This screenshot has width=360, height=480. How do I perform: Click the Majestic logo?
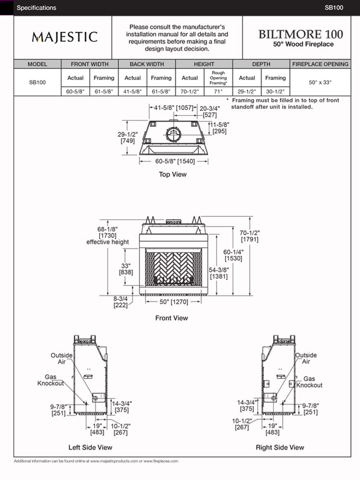point(64,37)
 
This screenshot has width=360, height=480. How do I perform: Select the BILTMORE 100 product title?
point(301,34)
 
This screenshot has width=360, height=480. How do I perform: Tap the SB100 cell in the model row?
point(37,82)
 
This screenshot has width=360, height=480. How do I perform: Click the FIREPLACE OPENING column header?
point(320,64)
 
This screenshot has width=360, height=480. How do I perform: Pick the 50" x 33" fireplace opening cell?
point(320,82)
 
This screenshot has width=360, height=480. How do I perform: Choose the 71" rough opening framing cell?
point(218,91)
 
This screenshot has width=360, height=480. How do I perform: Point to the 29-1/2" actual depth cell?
point(247,91)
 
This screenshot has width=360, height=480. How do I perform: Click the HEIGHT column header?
point(204,64)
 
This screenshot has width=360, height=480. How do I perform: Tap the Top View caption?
point(173,174)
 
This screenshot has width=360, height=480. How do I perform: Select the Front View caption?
point(171,318)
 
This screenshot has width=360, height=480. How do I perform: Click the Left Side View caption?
point(90,447)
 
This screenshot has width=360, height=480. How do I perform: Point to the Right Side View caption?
point(280,447)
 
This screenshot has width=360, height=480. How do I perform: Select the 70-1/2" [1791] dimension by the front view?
point(249,236)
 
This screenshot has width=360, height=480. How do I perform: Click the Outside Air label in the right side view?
point(306,358)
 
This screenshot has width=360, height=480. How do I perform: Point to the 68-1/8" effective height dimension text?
point(108,235)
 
